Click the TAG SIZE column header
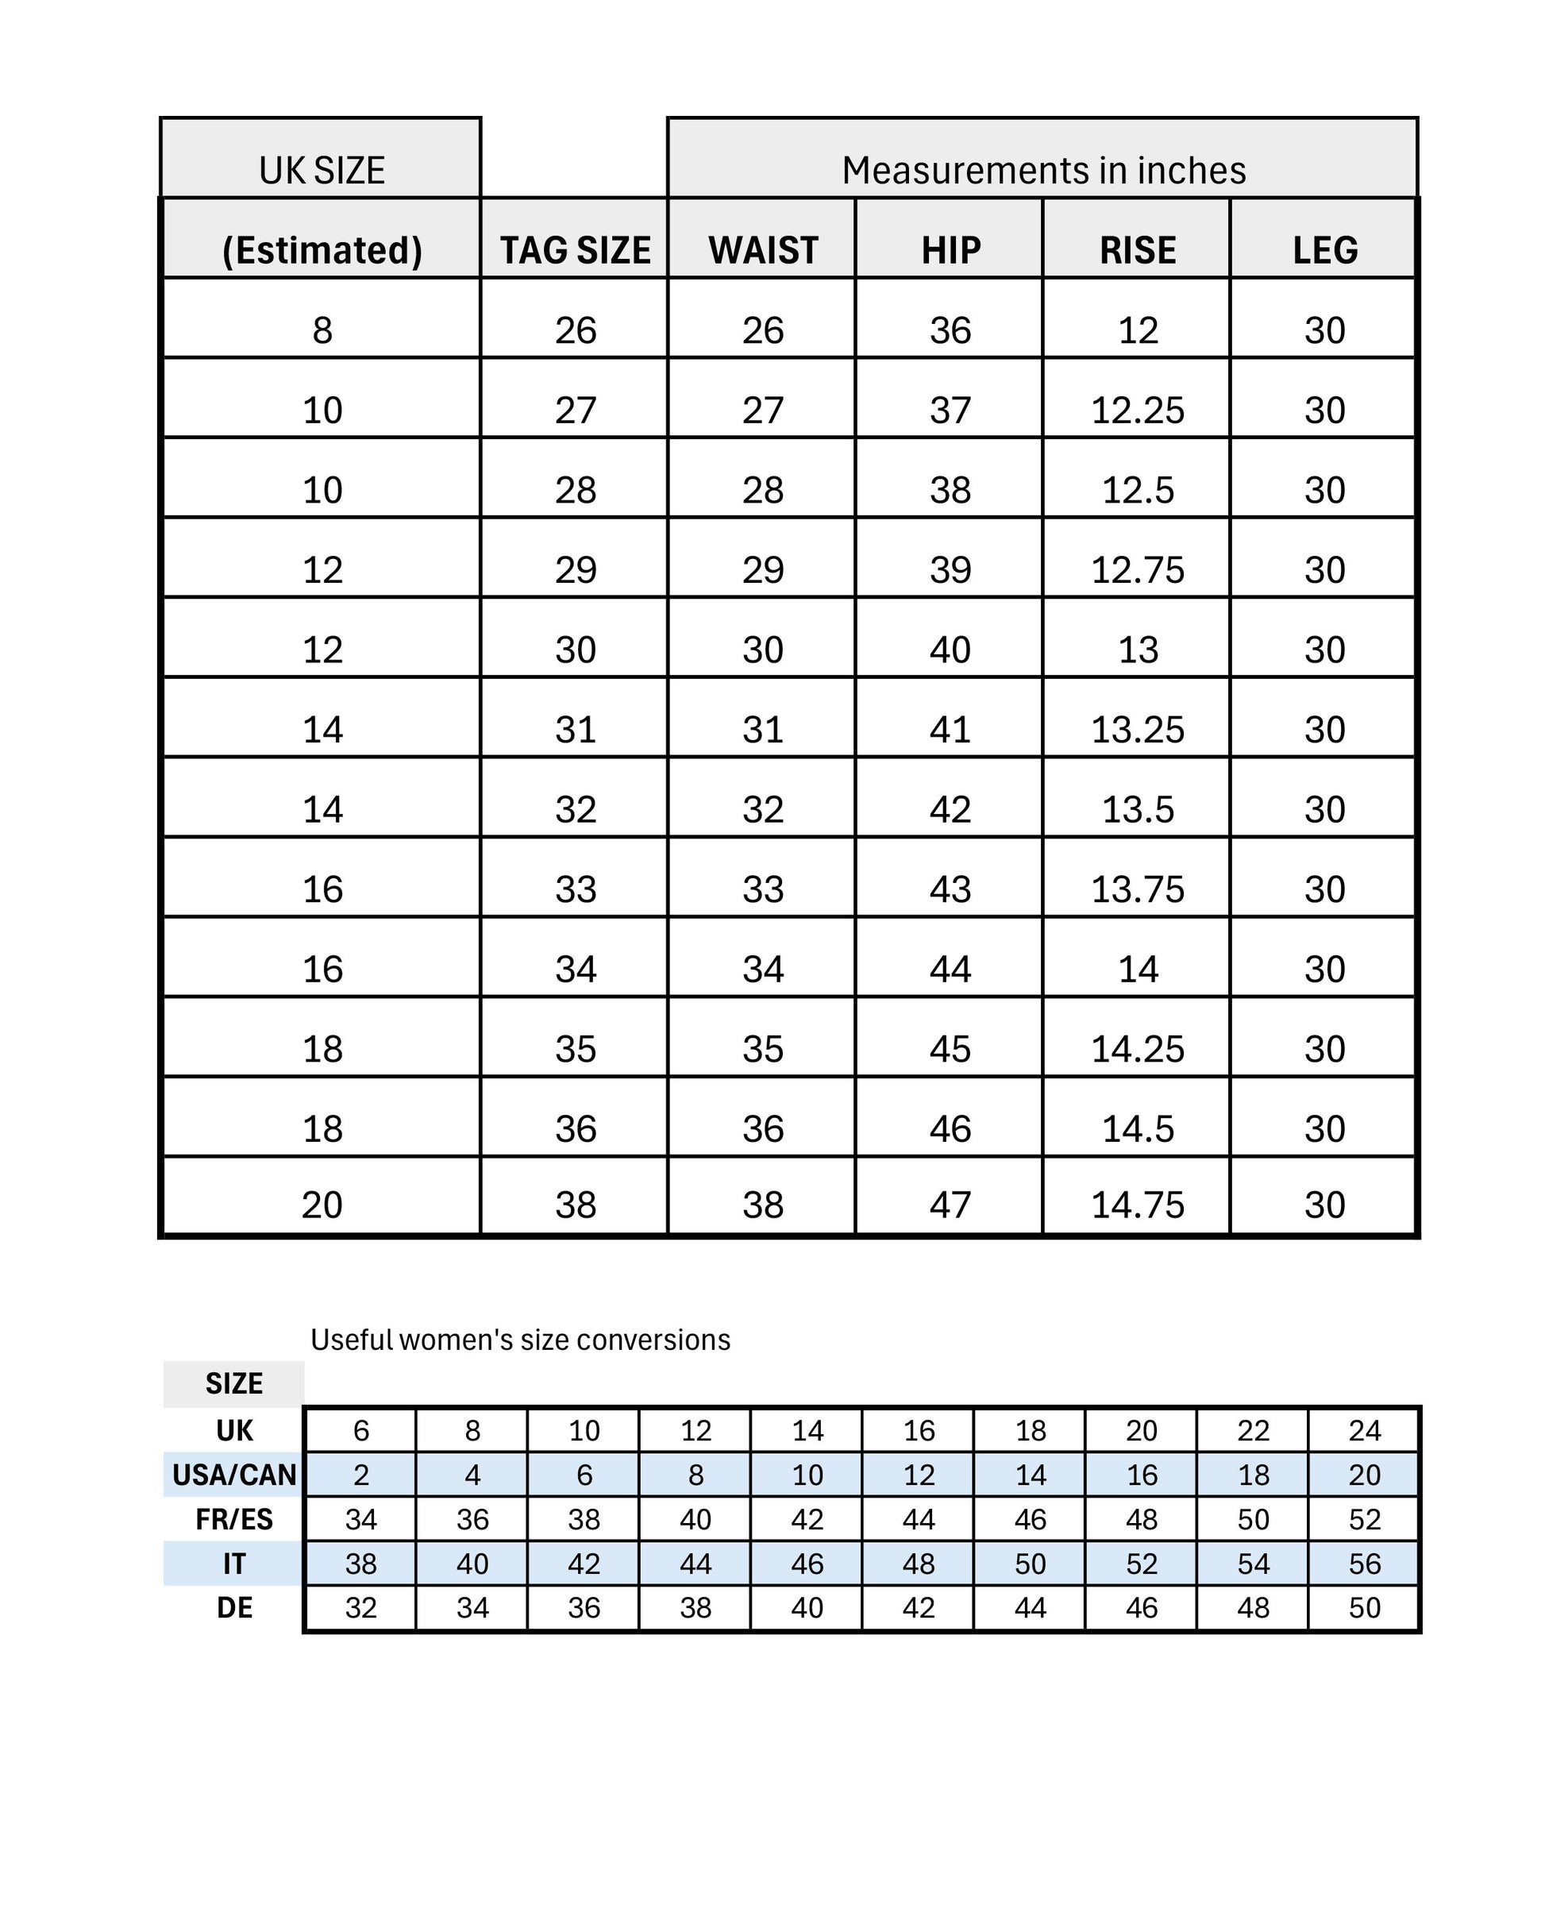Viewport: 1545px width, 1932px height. [x=575, y=250]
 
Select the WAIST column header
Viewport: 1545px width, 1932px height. [x=763, y=250]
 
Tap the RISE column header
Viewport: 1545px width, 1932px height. [x=1137, y=250]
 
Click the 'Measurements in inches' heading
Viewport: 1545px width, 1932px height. [x=1043, y=170]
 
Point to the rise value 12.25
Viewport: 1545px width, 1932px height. [x=1137, y=411]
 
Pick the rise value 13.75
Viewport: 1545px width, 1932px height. [x=1137, y=889]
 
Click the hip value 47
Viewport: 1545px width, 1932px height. [x=950, y=1205]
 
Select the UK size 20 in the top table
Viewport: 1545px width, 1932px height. [x=322, y=1205]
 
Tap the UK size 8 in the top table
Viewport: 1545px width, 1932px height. [x=322, y=330]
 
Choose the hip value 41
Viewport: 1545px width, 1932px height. [x=950, y=730]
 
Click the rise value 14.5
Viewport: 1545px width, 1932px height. [x=1137, y=1128]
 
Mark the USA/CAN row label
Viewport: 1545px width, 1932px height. [x=234, y=1474]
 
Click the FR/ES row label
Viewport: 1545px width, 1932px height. [x=234, y=1519]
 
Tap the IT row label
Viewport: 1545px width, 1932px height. [x=234, y=1563]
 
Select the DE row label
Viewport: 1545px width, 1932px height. [x=234, y=1606]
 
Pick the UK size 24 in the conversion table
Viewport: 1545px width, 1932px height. [x=1364, y=1430]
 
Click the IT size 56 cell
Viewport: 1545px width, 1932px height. [x=1364, y=1563]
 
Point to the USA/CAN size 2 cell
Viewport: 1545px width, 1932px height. [x=361, y=1474]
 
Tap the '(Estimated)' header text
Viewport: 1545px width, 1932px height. [x=322, y=250]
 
